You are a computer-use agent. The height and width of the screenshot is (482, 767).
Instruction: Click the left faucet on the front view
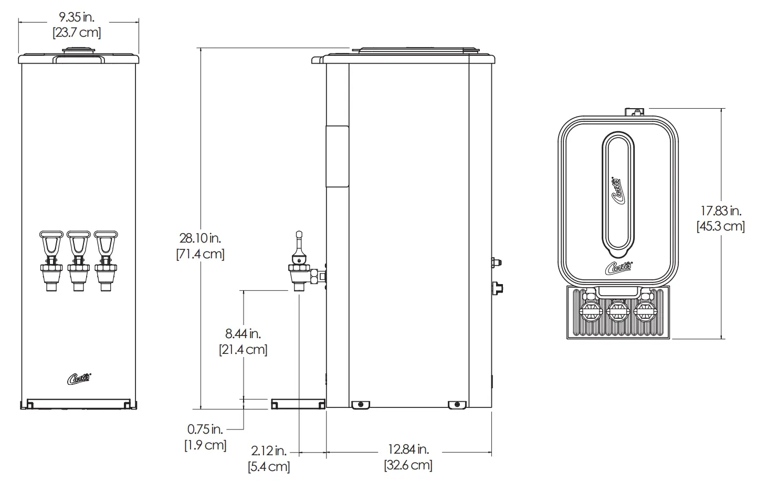tap(51, 260)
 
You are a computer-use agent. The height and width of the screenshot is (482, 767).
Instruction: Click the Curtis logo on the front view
tap(79, 378)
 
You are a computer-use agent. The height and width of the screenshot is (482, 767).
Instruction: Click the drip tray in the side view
tap(298, 404)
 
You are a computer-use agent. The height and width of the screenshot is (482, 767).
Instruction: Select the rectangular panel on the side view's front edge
tap(337, 156)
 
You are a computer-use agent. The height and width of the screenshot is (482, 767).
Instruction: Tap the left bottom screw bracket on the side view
tap(360, 404)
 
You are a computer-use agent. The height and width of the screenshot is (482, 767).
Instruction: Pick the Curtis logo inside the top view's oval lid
tap(618, 190)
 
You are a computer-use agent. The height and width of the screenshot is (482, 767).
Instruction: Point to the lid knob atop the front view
tap(78, 51)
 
